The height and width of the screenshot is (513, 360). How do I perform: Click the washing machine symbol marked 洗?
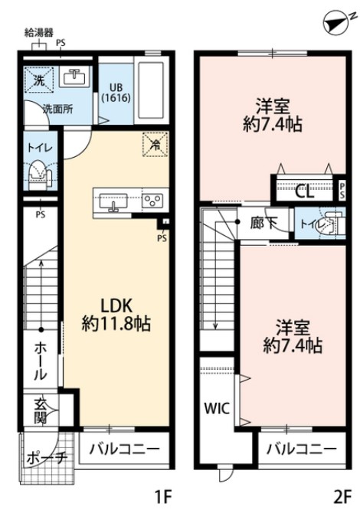[36, 79]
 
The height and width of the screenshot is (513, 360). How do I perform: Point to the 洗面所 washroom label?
[57, 109]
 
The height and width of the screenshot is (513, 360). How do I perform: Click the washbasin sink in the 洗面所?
[74, 77]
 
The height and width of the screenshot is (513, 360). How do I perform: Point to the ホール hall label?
[39, 362]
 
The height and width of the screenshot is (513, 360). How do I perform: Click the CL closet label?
[304, 191]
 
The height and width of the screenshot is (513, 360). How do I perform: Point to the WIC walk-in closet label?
[216, 408]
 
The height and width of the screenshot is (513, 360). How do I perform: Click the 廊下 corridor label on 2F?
[263, 224]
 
